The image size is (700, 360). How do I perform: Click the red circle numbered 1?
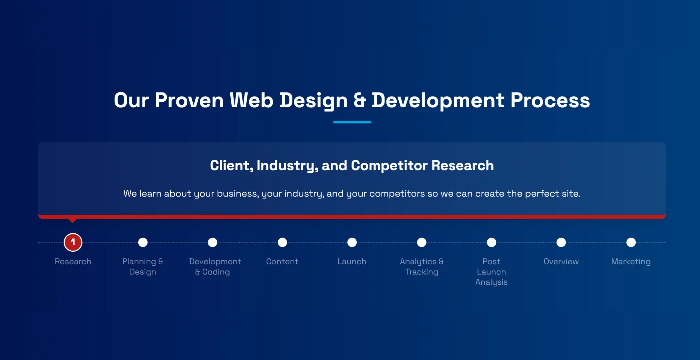(73, 242)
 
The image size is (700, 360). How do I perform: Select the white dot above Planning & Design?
(143, 242)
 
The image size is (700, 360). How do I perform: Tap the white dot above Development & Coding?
(212, 242)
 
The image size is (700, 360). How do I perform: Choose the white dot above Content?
(282, 242)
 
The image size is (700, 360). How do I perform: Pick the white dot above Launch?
(352, 242)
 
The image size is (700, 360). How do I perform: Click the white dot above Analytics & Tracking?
(422, 242)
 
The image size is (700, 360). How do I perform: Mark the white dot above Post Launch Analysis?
(491, 242)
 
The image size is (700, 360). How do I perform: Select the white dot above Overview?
(561, 242)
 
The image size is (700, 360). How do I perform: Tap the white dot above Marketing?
(631, 242)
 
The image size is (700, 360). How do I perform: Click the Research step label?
(73, 262)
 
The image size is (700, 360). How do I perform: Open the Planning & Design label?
(143, 267)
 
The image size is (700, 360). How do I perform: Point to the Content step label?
(282, 262)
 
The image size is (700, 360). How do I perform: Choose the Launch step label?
(352, 262)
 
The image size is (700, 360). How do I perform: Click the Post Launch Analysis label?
(491, 272)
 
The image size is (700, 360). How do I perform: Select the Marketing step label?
(631, 262)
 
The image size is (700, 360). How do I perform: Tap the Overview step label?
(561, 262)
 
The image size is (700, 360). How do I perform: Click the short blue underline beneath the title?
(352, 122)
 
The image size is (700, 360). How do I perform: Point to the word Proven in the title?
(189, 100)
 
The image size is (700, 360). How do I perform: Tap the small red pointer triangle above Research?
(73, 220)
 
